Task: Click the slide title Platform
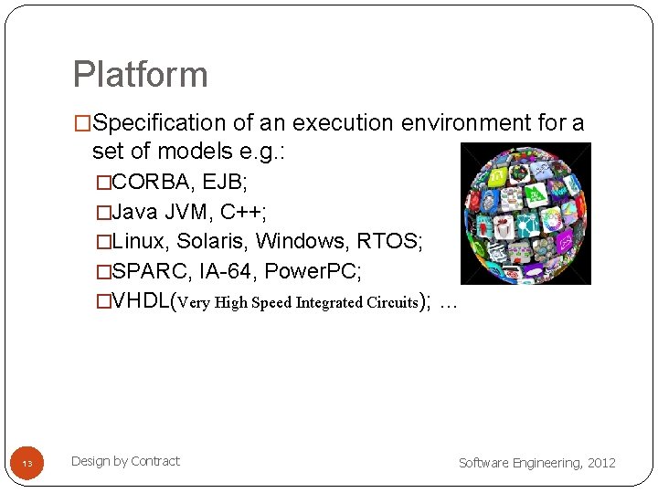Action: coord(140,75)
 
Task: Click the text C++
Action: coord(243,212)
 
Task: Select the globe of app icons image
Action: coord(525,214)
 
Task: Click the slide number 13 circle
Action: coord(27,464)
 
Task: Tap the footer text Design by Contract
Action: coord(125,461)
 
